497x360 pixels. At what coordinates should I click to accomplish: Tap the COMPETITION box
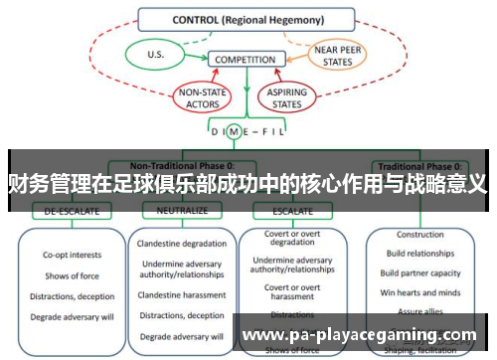coord(246,60)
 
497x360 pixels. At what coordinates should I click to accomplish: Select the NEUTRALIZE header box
coord(174,212)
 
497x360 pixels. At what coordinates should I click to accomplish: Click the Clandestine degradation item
coord(181,245)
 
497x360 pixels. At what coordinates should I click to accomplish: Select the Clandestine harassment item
coord(181,295)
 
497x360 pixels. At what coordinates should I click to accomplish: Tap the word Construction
coord(420,236)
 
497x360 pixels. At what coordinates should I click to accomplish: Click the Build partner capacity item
coord(420,273)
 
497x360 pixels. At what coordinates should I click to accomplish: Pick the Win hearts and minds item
coord(420,292)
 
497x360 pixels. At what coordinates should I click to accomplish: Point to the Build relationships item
coord(420,255)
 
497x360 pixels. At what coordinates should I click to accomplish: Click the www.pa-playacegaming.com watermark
coord(360,336)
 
